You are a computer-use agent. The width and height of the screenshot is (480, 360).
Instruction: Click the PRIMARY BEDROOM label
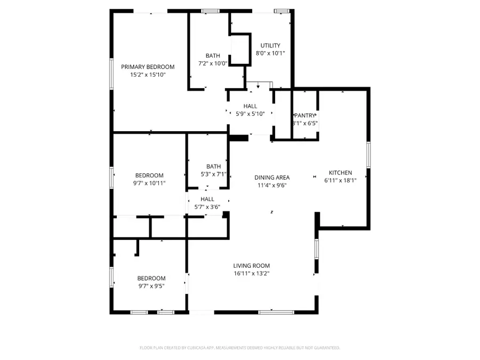(148, 67)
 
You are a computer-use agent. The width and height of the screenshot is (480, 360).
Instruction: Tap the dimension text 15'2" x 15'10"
(148, 75)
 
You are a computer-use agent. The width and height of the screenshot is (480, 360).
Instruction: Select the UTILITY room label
(270, 46)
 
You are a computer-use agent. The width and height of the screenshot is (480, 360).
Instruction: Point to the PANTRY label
(305, 115)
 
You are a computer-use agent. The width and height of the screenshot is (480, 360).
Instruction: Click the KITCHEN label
(340, 172)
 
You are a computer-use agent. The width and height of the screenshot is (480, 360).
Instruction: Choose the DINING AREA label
(272, 178)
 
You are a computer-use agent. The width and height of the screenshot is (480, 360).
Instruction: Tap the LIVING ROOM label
(251, 266)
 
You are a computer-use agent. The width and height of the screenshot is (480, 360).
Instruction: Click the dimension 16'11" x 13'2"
(251, 274)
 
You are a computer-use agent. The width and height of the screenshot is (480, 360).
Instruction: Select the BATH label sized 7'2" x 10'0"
(213, 55)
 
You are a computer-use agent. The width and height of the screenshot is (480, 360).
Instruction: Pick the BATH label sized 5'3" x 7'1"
(213, 166)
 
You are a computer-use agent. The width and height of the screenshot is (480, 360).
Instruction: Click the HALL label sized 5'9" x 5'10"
(251, 106)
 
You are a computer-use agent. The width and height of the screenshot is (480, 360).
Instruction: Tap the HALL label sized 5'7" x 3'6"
(207, 199)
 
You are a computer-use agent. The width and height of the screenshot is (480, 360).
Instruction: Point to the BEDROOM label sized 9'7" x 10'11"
(149, 175)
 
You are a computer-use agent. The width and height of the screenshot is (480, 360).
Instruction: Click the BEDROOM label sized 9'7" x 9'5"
(151, 278)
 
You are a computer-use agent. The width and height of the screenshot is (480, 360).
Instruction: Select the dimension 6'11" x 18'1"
(340, 180)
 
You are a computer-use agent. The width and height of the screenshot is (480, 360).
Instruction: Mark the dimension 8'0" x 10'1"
(270, 53)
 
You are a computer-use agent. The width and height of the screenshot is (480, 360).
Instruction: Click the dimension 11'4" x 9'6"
(272, 186)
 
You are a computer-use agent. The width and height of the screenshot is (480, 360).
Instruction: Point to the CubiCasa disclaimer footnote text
(239, 348)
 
